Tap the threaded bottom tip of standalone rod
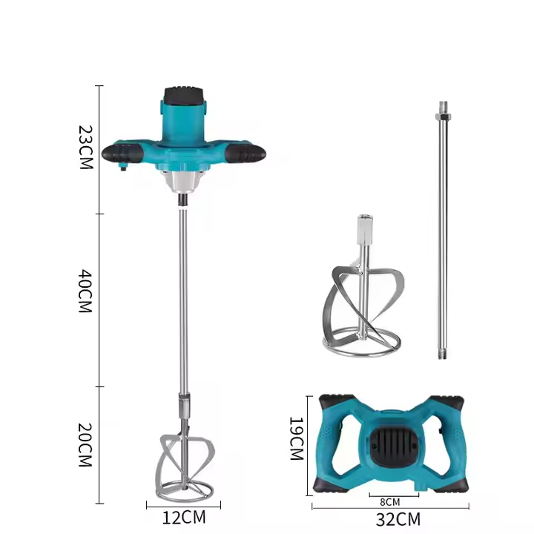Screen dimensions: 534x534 (443, 351)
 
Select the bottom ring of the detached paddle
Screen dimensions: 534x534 (361, 343)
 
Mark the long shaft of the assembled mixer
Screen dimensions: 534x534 (182, 297)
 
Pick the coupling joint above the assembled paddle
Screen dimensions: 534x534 (182, 410)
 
